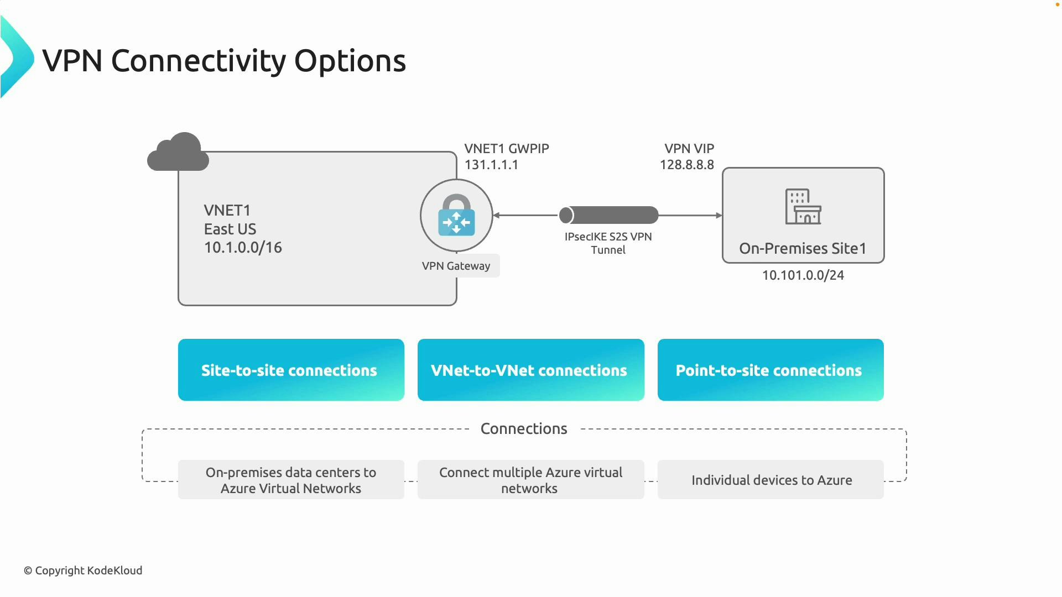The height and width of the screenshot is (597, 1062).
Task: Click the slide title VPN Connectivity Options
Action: pyautogui.click(x=224, y=61)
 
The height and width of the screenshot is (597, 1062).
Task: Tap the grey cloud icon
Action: pyautogui.click(x=178, y=153)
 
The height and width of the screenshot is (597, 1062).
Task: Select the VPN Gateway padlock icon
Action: pyautogui.click(x=456, y=216)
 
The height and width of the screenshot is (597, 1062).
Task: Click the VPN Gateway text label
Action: pyautogui.click(x=456, y=266)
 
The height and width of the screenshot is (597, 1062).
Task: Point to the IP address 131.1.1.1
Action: pyautogui.click(x=491, y=165)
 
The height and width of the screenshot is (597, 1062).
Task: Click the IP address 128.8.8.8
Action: pyautogui.click(x=686, y=165)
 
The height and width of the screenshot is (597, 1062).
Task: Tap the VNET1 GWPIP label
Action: pyautogui.click(x=506, y=149)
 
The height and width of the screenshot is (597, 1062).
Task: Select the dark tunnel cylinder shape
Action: pyautogui.click(x=608, y=215)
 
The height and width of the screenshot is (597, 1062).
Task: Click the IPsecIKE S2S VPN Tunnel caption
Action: pyautogui.click(x=608, y=243)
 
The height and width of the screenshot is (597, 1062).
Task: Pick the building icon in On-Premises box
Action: pyautogui.click(x=803, y=207)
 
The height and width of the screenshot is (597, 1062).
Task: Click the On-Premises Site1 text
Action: pyautogui.click(x=803, y=249)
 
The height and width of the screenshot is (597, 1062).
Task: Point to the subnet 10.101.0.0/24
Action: pyautogui.click(x=803, y=275)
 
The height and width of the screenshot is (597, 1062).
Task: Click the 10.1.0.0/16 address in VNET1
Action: pyautogui.click(x=243, y=248)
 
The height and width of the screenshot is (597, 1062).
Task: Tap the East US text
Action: pyautogui.click(x=230, y=229)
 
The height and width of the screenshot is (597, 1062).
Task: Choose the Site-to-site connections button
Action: pyautogui.click(x=291, y=370)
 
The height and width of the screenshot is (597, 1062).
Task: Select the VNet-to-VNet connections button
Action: pyautogui.click(x=530, y=370)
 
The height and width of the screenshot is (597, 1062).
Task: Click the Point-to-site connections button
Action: pyautogui.click(x=770, y=370)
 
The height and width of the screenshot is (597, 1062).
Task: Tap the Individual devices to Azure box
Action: pyautogui.click(x=771, y=480)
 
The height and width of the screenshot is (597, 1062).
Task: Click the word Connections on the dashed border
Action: pyautogui.click(x=524, y=429)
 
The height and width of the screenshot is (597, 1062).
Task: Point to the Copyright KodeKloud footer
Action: pyautogui.click(x=83, y=570)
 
